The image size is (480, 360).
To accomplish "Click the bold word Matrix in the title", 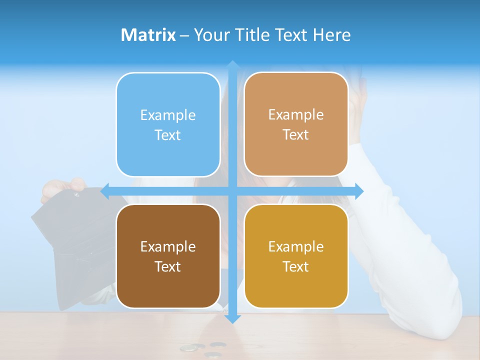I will click(x=148, y=35).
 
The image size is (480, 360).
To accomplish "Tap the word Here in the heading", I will click(x=331, y=35).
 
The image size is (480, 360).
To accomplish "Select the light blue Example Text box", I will click(x=168, y=124).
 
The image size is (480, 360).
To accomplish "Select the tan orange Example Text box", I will click(x=296, y=124).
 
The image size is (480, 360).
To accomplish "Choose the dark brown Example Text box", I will click(x=168, y=256).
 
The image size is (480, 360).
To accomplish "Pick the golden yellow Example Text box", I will click(x=296, y=256).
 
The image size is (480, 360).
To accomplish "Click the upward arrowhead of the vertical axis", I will click(x=232, y=65).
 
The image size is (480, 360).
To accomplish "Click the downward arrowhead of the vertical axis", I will click(x=232, y=318).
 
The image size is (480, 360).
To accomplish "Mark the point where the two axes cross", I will click(x=232, y=190).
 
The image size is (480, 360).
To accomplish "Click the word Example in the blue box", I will click(x=168, y=115).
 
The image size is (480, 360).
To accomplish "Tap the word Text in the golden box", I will click(x=296, y=266).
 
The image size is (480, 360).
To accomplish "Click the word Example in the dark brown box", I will click(x=168, y=246).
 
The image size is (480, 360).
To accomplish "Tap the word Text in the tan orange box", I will click(x=296, y=134).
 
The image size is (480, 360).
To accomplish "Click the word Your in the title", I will click(x=210, y=35).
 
